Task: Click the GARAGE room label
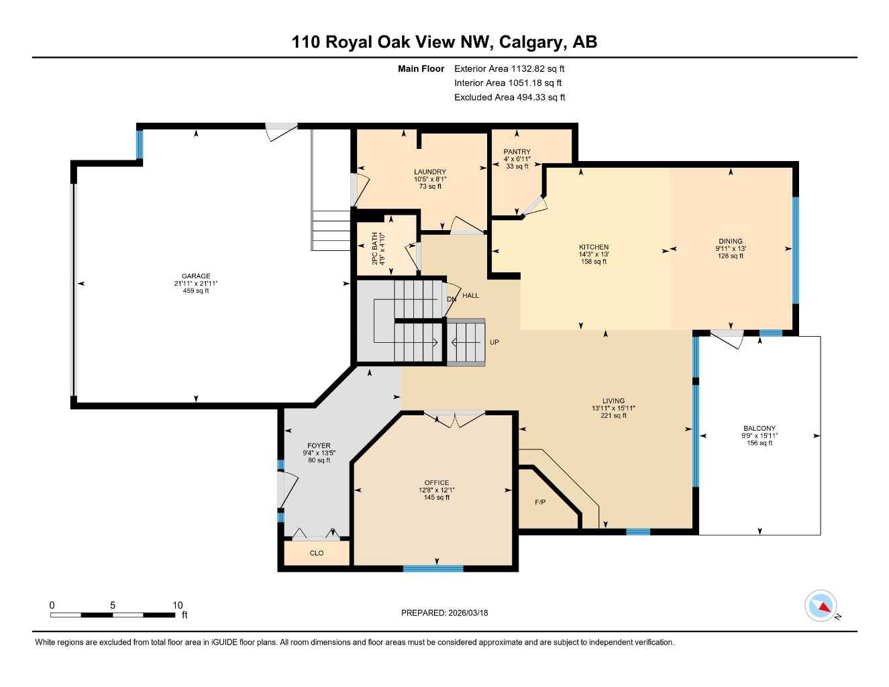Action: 195,276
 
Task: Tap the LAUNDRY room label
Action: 429,172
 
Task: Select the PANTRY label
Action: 517,152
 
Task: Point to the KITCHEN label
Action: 594,248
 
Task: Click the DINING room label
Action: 730,242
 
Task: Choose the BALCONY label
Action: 759,429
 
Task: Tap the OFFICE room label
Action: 436,483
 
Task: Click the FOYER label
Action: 319,446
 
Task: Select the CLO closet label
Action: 317,553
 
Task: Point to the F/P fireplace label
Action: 540,503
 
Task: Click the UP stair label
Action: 494,343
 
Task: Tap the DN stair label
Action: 452,299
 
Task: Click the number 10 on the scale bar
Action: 177,605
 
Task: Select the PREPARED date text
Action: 444,613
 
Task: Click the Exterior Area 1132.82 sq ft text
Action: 509,68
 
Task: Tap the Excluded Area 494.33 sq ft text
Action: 509,97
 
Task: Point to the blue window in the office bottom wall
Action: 433,569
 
